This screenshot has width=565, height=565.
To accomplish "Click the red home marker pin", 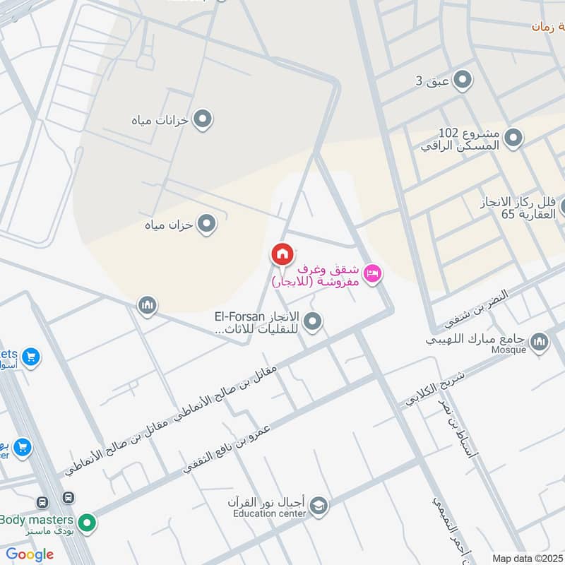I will pos(282,254).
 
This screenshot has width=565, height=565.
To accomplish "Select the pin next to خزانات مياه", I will pos(203,119).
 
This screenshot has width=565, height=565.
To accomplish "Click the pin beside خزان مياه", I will pos(206,225).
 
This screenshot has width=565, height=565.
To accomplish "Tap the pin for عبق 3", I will pos(463,80).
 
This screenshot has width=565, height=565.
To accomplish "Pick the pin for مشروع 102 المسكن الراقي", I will pos(513,138).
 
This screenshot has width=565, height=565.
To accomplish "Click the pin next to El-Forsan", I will pos(314,322).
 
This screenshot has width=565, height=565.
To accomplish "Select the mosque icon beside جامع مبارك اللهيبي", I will pos(539,343).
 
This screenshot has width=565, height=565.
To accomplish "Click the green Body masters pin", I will pos(87,523).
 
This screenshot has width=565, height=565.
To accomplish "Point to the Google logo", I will pos(30,554).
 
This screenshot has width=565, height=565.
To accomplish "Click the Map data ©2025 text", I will pos(526,558).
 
